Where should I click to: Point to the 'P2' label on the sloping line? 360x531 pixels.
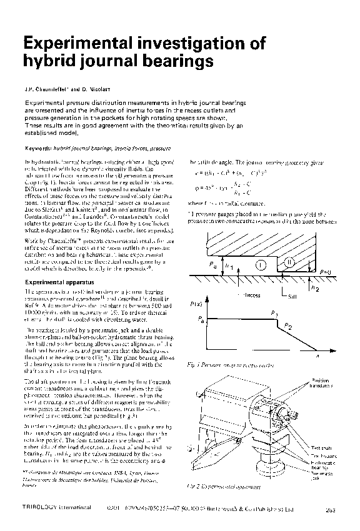(287, 326)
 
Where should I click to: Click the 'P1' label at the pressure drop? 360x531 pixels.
(274, 312)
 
